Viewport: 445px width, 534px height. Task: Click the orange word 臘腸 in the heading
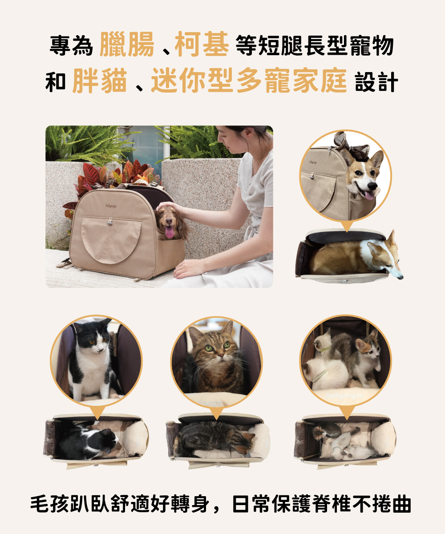tap(126, 44)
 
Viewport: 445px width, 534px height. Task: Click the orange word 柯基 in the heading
tap(202, 44)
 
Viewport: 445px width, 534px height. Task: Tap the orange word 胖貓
tap(100, 80)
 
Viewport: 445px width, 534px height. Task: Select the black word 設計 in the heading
tap(376, 81)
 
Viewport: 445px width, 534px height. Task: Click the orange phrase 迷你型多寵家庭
tap(249, 80)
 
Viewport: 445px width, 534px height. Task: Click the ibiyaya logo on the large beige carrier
tap(111, 206)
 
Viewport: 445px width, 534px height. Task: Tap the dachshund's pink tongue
tap(169, 232)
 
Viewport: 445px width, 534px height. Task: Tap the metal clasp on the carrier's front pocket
tap(110, 222)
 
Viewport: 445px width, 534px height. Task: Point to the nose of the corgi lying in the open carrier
tap(400, 277)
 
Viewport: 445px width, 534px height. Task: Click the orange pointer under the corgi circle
tap(347, 227)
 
